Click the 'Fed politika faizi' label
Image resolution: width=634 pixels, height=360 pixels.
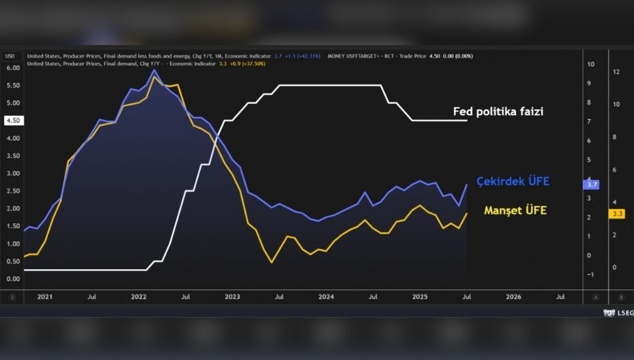pyautogui.click(x=498, y=112)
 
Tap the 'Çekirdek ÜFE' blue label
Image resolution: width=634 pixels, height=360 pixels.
pyautogui.click(x=513, y=181)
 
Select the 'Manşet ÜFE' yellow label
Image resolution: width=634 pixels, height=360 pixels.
pyautogui.click(x=515, y=210)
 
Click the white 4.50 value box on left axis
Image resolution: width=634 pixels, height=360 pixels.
pyautogui.click(x=13, y=120)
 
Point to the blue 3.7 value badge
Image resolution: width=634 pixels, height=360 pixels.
pyautogui.click(x=593, y=185)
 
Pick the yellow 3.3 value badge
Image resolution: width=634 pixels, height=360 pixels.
pyautogui.click(x=617, y=214)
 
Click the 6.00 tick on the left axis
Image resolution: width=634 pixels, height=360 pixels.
pyautogui.click(x=13, y=68)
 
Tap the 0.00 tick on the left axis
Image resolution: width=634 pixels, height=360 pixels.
pyautogui.click(x=13, y=279)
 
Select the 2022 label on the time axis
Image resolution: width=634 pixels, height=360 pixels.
pyautogui.click(x=139, y=297)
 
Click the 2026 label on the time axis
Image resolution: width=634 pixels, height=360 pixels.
pyautogui.click(x=514, y=297)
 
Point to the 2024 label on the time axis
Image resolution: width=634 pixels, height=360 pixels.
pyautogui.click(x=326, y=297)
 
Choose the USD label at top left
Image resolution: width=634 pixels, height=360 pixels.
pyautogui.click(x=10, y=56)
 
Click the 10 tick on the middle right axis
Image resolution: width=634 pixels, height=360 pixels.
pyautogui.click(x=590, y=64)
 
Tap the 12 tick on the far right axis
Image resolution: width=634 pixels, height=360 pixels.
pyautogui.click(x=615, y=72)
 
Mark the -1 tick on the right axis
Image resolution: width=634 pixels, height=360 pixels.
pyautogui.click(x=590, y=274)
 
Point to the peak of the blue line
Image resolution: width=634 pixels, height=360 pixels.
pyautogui.click(x=154, y=70)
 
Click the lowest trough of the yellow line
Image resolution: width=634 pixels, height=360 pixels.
pyautogui.click(x=272, y=263)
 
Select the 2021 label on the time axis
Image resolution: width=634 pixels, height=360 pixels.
pyautogui.click(x=45, y=297)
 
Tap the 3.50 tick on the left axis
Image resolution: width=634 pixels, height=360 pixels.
pyautogui.click(x=13, y=156)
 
